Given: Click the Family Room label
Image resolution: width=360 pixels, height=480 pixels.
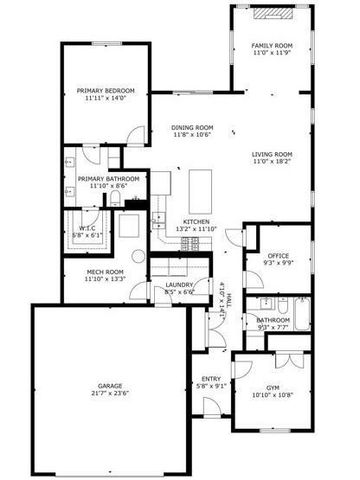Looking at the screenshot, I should (x=271, y=44).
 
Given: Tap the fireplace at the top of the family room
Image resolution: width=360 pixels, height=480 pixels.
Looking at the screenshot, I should (x=271, y=13).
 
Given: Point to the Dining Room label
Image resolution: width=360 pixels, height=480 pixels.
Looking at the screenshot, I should (x=192, y=127).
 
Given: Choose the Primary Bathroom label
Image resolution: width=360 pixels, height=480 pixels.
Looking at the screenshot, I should (x=105, y=179).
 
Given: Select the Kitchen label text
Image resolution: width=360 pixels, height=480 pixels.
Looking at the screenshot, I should (x=196, y=222).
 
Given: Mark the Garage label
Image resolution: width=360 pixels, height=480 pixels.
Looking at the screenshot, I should (x=110, y=385).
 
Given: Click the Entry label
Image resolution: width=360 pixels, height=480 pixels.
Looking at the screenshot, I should (x=211, y=378).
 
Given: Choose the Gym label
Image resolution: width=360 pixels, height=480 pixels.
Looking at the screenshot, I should (x=273, y=387).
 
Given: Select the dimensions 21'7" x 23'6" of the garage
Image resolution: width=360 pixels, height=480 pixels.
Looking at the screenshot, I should (x=110, y=393).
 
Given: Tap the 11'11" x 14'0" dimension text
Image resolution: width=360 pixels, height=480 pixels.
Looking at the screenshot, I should (x=105, y=99).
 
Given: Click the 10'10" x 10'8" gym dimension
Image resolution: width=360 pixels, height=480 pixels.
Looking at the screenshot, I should (x=273, y=395).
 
